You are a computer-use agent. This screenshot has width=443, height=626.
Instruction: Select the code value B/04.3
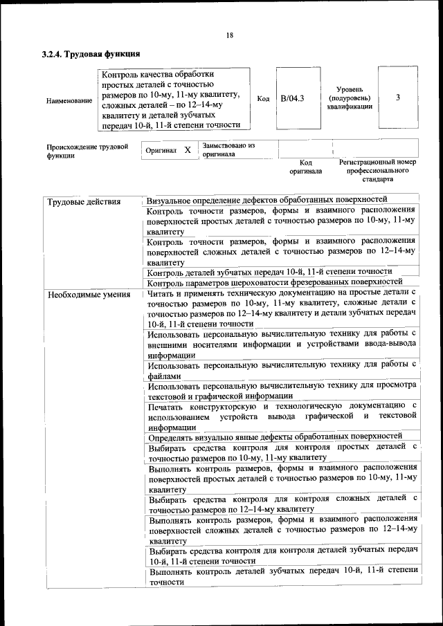click(292, 98)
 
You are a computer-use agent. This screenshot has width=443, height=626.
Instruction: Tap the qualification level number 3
click(397, 98)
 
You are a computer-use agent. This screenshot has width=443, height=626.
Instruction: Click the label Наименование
click(69, 101)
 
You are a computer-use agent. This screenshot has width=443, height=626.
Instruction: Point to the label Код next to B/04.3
click(263, 99)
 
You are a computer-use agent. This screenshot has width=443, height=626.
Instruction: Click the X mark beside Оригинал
click(187, 150)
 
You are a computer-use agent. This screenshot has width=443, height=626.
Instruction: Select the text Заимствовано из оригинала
click(228, 150)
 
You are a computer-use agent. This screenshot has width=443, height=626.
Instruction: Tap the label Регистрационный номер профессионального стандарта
click(378, 170)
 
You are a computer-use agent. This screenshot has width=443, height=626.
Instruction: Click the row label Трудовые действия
click(84, 202)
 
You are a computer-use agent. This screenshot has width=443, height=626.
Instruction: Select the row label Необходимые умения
click(89, 295)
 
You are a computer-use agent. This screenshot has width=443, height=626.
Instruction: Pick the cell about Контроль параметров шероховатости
click(275, 282)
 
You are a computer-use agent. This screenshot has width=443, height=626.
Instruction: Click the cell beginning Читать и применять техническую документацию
click(281, 309)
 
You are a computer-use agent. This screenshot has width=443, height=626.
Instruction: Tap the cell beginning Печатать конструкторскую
click(281, 416)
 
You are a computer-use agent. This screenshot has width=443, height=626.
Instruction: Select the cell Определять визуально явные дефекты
click(275, 437)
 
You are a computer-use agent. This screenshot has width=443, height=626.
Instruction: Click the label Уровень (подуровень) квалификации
click(350, 98)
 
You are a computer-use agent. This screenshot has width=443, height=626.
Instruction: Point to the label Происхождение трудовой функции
click(87, 151)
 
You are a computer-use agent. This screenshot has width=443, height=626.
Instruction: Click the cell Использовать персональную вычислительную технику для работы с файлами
click(281, 369)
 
